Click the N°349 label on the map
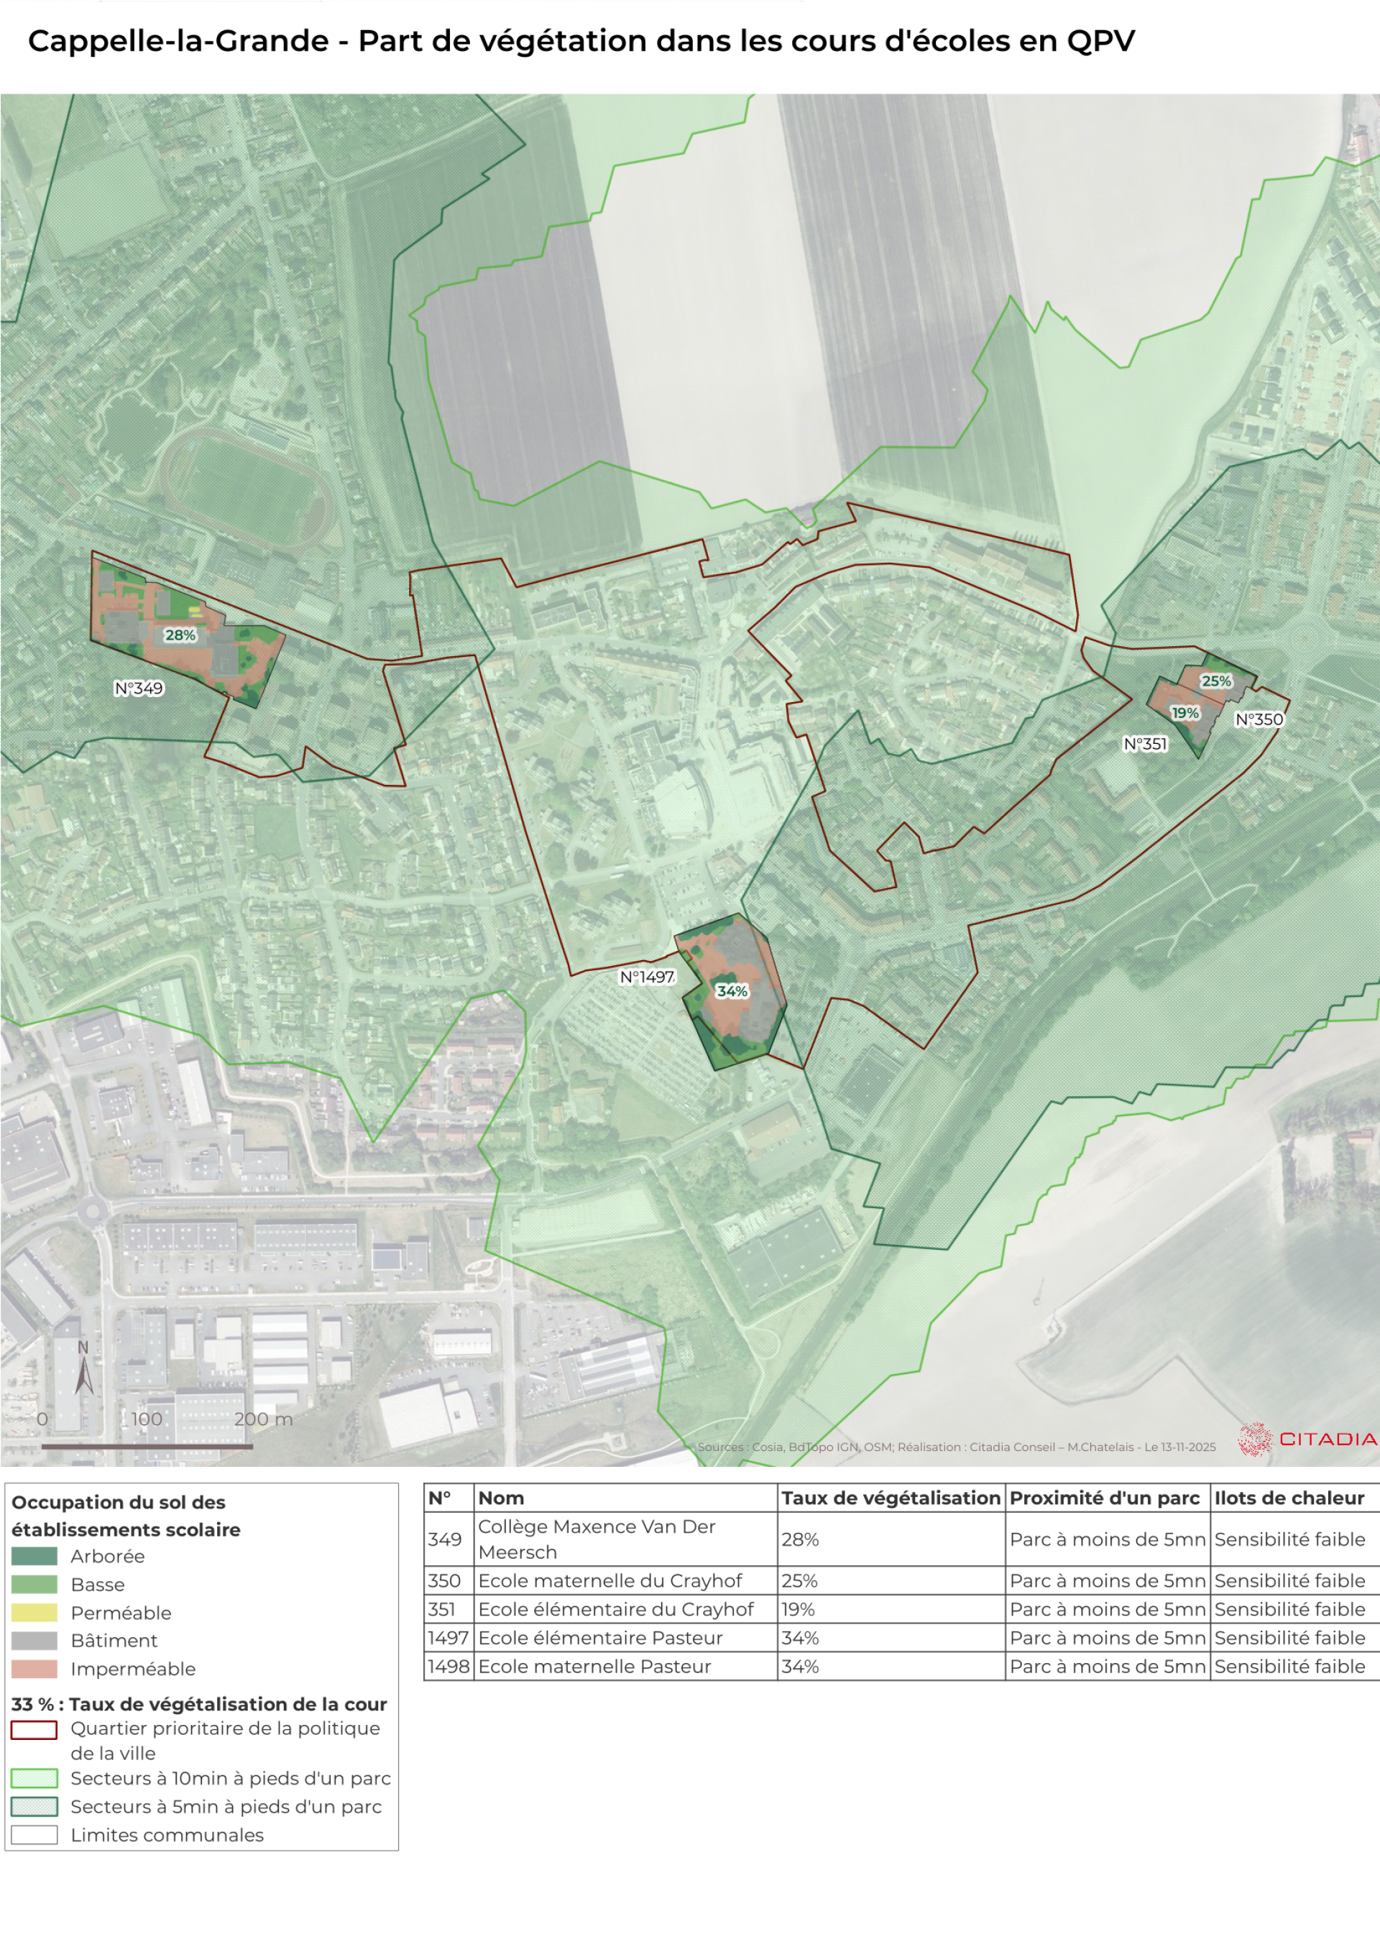point(139,689)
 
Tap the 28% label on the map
point(180,635)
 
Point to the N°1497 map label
point(646,977)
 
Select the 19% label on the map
point(1184,712)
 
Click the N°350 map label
point(1259,719)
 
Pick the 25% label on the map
point(1216,681)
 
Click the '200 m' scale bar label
point(263,1419)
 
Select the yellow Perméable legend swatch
point(34,1613)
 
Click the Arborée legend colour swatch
point(34,1556)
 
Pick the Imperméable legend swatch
point(34,1669)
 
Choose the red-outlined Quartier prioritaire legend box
point(34,1729)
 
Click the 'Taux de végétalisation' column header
point(891,1498)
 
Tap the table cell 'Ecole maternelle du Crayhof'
point(609,1580)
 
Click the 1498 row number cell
point(448,1667)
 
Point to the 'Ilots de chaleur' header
point(1288,1498)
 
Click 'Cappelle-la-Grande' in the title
point(178,40)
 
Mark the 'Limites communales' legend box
point(34,1835)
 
